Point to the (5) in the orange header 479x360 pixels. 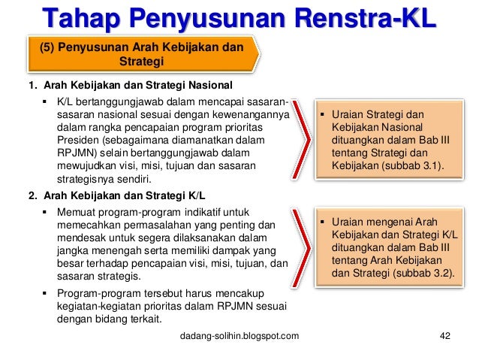click(47, 47)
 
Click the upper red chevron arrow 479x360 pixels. click(303, 144)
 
